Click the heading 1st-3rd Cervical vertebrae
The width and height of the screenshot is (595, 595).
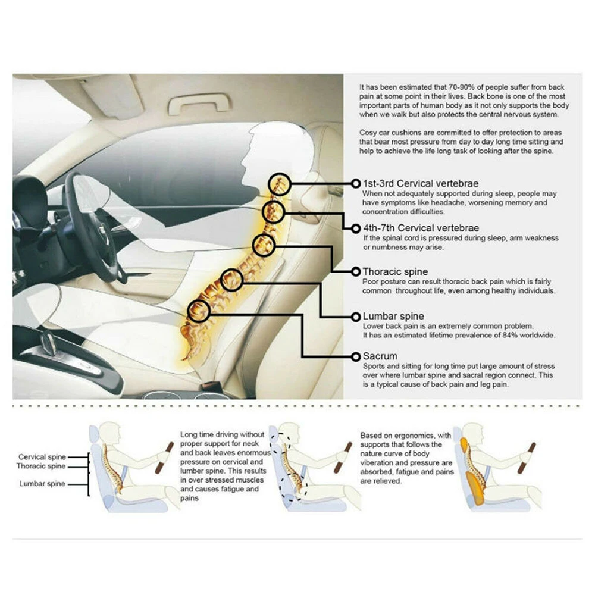pos(421,184)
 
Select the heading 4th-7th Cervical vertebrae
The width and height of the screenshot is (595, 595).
pos(421,228)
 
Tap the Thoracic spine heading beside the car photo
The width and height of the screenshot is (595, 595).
pos(395,272)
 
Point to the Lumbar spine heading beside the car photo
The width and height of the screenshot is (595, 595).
pos(393,316)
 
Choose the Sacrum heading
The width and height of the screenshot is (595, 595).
pos(380,356)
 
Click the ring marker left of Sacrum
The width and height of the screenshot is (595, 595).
pos(356,356)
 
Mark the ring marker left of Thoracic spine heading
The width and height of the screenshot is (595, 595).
pos(356,272)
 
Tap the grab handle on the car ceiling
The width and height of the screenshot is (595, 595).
pos(199,102)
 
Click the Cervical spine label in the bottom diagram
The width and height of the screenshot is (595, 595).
pos(42,457)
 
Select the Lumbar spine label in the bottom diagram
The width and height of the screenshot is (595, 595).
pos(42,484)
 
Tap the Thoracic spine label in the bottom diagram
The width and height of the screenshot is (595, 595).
pos(41,466)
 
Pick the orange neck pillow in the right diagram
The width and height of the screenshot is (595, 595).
pos(465,447)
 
